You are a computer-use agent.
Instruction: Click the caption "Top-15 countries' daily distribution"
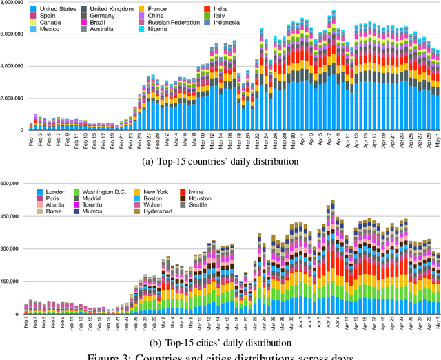220,162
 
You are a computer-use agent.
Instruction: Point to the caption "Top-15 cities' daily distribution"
220,342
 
